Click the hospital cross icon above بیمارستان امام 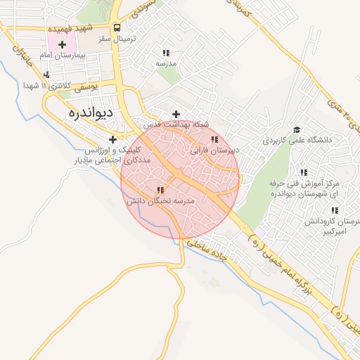(x=62, y=45)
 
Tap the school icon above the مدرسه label (x=166, y=53)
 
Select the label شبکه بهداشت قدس (x=176, y=124)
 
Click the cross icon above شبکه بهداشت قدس (x=176, y=114)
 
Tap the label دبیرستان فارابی (x=214, y=150)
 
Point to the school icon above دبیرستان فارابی (x=214, y=139)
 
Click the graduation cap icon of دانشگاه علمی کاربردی (x=297, y=130)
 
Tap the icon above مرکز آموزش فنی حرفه (x=304, y=172)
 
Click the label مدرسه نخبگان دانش (x=160, y=200)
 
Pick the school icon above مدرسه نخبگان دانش (x=160, y=190)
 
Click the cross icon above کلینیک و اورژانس (x=112, y=139)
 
